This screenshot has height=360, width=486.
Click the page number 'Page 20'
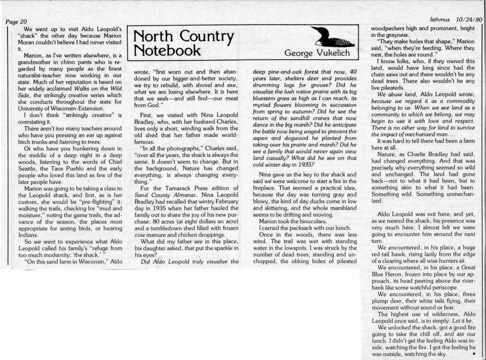(x=17, y=21)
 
